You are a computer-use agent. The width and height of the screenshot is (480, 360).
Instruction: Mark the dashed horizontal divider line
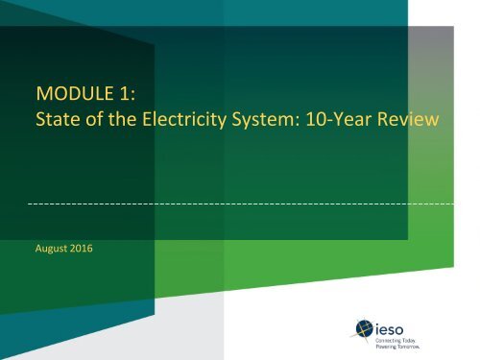[x=240, y=205]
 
